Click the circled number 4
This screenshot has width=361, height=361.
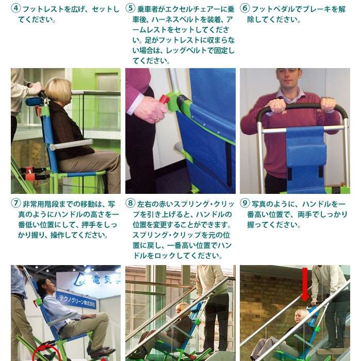click(x=15, y=9)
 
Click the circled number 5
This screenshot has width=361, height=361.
click(x=130, y=9)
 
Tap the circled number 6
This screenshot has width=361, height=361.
click(x=245, y=9)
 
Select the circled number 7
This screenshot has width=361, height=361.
click(x=15, y=203)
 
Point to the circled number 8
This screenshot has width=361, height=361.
click(x=130, y=203)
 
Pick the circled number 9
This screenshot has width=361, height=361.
click(x=245, y=203)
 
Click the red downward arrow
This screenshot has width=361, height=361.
click(x=305, y=283)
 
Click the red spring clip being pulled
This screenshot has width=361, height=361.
click(x=165, y=99)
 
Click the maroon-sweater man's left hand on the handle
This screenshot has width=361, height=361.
click(x=329, y=105)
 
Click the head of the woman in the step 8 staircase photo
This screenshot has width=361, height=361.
click(x=182, y=310)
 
